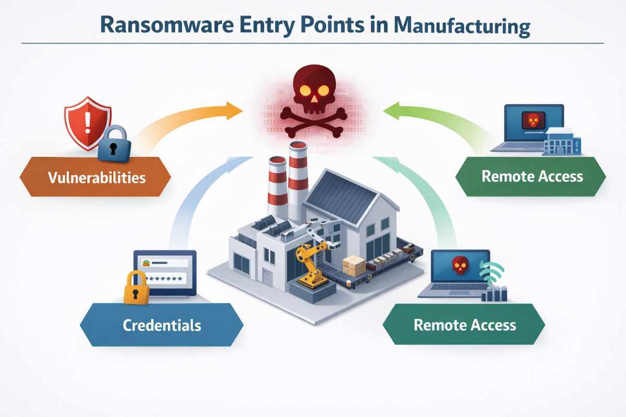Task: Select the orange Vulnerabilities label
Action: point(96,177)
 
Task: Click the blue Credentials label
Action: point(162,325)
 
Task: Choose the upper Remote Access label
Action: point(532,176)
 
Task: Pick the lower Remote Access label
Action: point(464,325)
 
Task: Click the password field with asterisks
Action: point(165,279)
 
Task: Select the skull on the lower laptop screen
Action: point(460,265)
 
